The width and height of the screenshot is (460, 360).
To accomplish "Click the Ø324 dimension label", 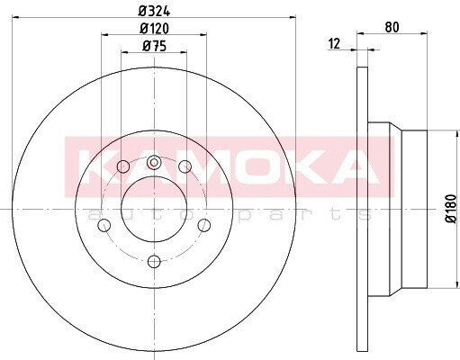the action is point(154,11).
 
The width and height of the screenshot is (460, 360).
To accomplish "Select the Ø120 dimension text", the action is point(155,28).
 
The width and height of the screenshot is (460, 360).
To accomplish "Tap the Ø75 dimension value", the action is point(154,46).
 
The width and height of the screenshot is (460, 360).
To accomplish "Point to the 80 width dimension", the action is point(392,27).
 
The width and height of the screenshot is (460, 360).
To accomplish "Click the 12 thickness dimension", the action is point(335,44).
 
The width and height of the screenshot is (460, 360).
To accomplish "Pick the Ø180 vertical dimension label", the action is point(451,209).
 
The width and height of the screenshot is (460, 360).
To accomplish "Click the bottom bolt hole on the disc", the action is point(154,261).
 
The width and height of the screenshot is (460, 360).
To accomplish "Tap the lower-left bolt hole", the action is point(104,225).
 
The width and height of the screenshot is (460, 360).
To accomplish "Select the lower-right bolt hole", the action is point(204,225).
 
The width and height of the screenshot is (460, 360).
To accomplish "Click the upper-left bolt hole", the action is point(123,166).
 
